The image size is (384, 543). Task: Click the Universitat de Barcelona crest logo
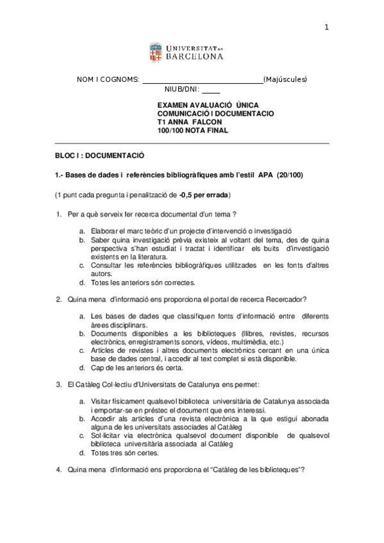click(x=156, y=52)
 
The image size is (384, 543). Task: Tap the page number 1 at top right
click(x=326, y=27)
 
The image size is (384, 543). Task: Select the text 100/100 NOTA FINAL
click(x=192, y=131)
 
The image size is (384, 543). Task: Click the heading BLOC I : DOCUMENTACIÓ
click(x=99, y=156)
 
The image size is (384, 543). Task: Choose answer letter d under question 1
click(x=81, y=282)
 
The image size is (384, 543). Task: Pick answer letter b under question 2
click(x=81, y=334)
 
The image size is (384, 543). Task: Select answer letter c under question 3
click(x=81, y=435)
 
